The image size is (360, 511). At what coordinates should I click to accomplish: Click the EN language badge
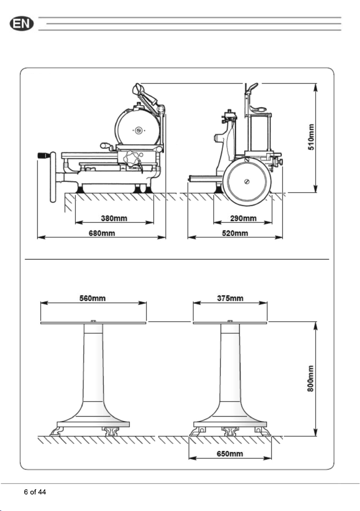coord(21,24)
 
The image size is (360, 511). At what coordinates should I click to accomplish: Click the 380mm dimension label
coord(114,218)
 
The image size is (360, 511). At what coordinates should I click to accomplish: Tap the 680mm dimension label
coord(102,233)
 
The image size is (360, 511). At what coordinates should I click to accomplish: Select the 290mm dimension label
coord(243,218)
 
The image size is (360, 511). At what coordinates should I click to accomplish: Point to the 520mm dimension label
coord(235,233)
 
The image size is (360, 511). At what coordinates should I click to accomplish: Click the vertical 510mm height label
coord(311,137)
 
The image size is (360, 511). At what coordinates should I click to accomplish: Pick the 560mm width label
coord(93,298)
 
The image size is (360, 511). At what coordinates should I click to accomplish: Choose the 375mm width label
coord(230,298)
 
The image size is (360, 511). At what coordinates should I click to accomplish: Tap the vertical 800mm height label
coord(311,379)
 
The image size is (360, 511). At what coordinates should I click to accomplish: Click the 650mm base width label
coord(230,454)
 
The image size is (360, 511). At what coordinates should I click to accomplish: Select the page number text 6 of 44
coord(35,492)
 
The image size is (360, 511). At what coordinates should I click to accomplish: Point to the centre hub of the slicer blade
coord(139,130)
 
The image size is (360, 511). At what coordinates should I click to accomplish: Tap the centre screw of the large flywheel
coord(246,181)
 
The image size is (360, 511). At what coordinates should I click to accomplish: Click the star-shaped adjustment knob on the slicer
coord(131,158)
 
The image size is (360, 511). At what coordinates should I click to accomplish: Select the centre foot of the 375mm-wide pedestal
coord(230,431)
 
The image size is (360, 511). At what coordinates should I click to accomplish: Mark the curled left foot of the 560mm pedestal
coord(57,431)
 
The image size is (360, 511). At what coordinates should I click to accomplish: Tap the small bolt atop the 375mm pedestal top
coord(230,321)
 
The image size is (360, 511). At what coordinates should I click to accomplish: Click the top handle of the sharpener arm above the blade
coord(138,88)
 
